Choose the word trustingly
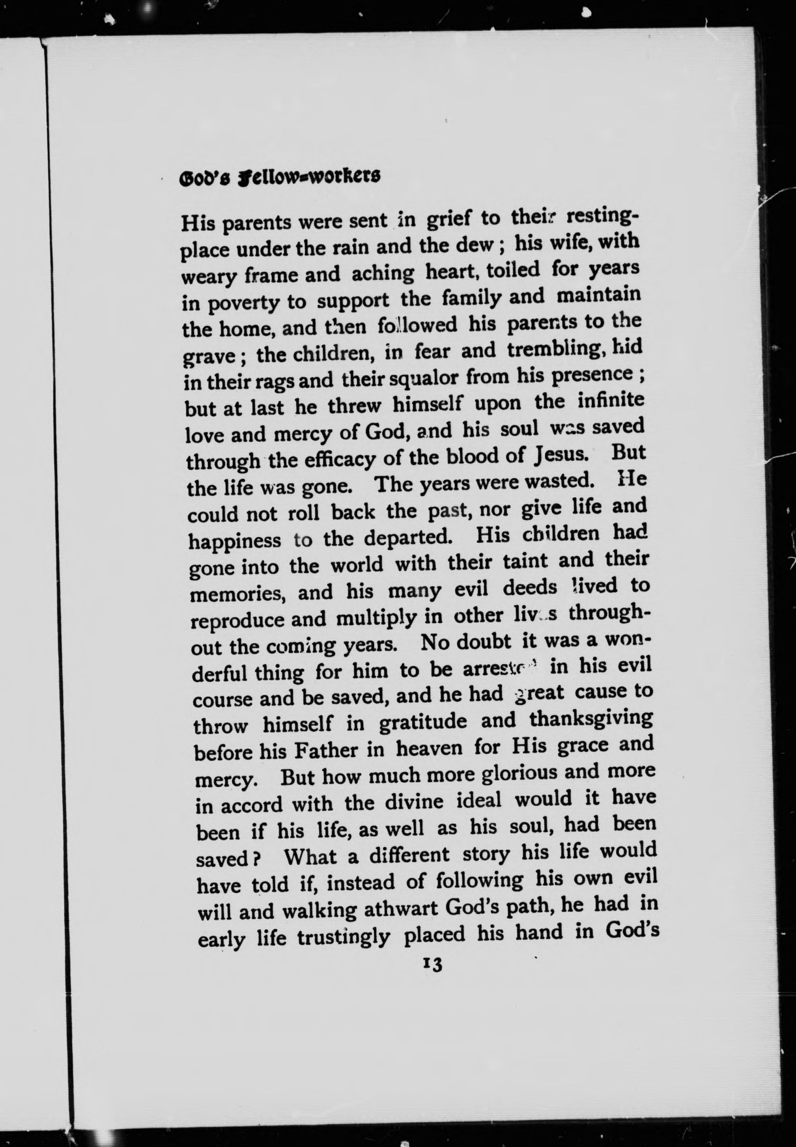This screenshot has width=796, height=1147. [343, 938]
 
